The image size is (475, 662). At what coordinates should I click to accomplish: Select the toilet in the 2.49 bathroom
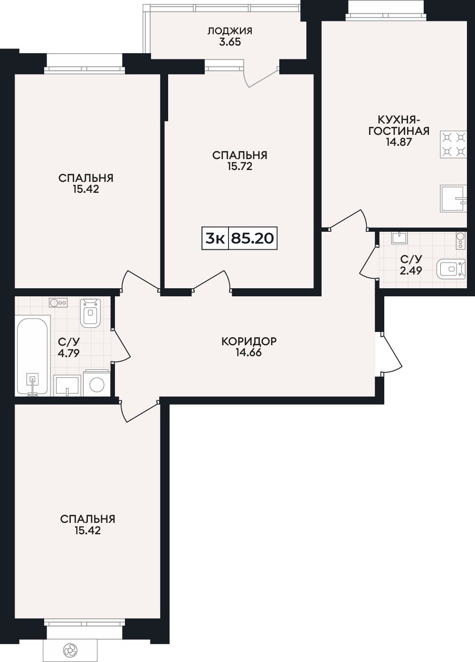451,269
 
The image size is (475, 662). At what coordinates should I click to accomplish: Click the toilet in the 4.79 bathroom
90,312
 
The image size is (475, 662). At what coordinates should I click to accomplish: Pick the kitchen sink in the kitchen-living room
454,199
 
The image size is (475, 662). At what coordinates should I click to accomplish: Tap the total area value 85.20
252,238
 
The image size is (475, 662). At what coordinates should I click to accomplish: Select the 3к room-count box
215,238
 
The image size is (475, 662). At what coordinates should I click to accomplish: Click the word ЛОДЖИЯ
230,31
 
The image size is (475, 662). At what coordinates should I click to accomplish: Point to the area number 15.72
240,166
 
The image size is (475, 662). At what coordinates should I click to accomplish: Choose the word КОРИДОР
249,341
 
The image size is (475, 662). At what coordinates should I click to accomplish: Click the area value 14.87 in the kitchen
399,142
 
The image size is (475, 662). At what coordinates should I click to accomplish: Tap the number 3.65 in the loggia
230,42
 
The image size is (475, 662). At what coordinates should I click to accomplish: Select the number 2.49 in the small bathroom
411,270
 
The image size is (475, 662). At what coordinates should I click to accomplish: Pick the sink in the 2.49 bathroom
399,237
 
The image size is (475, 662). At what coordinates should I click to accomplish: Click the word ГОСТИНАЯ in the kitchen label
399,131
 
